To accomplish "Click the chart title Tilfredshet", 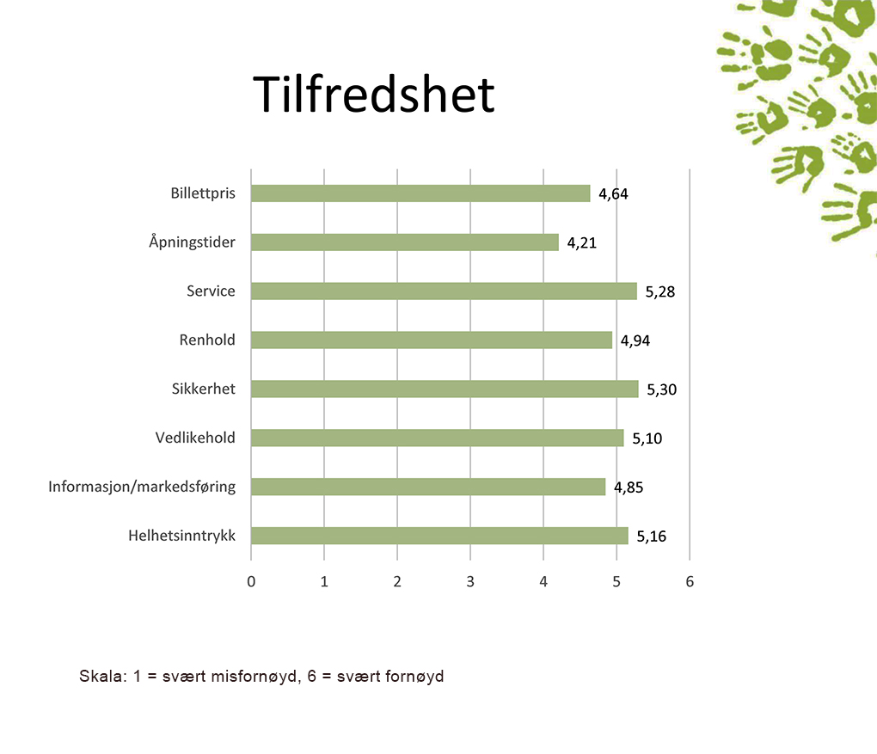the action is [x=374, y=94].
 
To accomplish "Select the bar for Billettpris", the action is [x=420, y=193].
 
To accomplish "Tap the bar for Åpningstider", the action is [x=405, y=242].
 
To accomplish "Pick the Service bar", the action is [x=445, y=291].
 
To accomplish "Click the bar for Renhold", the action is [x=432, y=340].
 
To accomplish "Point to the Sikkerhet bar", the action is [x=445, y=389].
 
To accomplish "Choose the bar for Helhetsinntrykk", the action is [x=439, y=536].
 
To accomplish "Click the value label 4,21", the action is [x=582, y=242].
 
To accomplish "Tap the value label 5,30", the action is [x=662, y=389].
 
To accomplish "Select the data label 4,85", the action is [x=629, y=487].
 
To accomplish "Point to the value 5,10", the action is [x=647, y=438].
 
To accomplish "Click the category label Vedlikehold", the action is [x=195, y=438].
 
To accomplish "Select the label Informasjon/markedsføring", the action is [x=142, y=487].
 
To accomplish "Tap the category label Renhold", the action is [x=207, y=340].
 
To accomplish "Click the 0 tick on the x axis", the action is [x=251, y=582].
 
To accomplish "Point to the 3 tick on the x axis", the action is [x=470, y=582].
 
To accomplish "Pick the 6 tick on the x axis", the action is [x=690, y=582].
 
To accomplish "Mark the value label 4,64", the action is [x=614, y=194].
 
